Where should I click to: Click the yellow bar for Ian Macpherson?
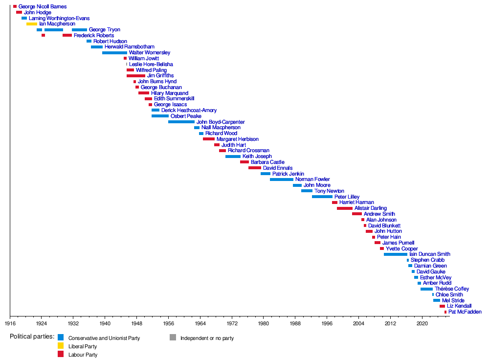[31, 24]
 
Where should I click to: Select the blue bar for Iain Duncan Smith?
[395, 254]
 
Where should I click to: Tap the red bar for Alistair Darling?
[344, 208]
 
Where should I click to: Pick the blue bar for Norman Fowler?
[281, 180]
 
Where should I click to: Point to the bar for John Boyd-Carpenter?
[181, 122]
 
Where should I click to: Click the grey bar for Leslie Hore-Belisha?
[127, 64]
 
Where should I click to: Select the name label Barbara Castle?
[267, 162]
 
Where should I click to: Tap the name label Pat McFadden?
[465, 312]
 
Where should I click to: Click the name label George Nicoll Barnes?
[43, 7]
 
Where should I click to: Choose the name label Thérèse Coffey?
[452, 289]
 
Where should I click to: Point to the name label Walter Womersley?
[150, 53]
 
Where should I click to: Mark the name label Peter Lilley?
[347, 197]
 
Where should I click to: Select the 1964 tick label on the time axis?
[200, 324]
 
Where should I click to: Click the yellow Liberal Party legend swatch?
[61, 346]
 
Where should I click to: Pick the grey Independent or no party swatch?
[173, 337]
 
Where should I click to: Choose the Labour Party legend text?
[83, 355]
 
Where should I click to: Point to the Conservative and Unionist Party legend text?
[104, 338]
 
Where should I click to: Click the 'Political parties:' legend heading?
[32, 337]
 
